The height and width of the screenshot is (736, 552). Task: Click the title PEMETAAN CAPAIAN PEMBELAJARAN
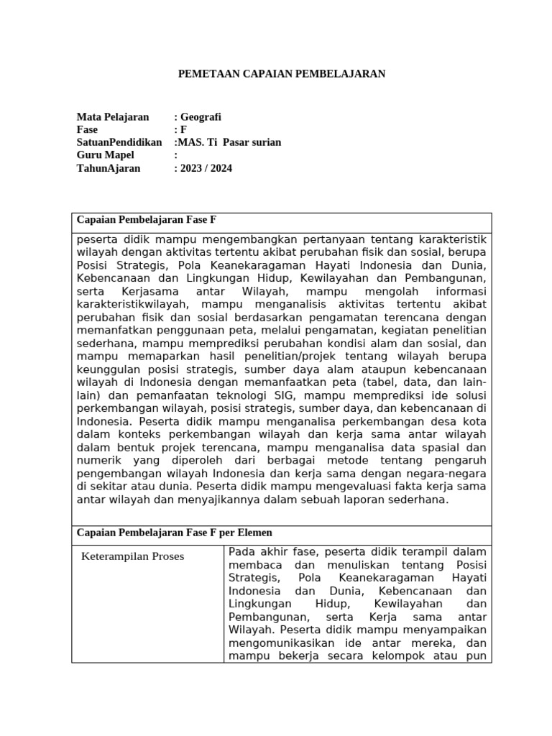tap(282, 73)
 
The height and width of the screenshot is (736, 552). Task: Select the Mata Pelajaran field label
tap(113, 116)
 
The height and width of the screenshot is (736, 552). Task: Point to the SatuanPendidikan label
tap(119, 142)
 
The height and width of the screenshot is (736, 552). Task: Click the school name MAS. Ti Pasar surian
tap(228, 142)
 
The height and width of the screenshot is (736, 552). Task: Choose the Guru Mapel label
tap(105, 155)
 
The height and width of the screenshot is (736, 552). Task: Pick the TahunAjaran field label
tap(109, 168)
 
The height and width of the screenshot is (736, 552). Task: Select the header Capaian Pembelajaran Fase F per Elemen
tap(174, 533)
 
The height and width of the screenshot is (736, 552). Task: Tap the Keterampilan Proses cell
tap(133, 556)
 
